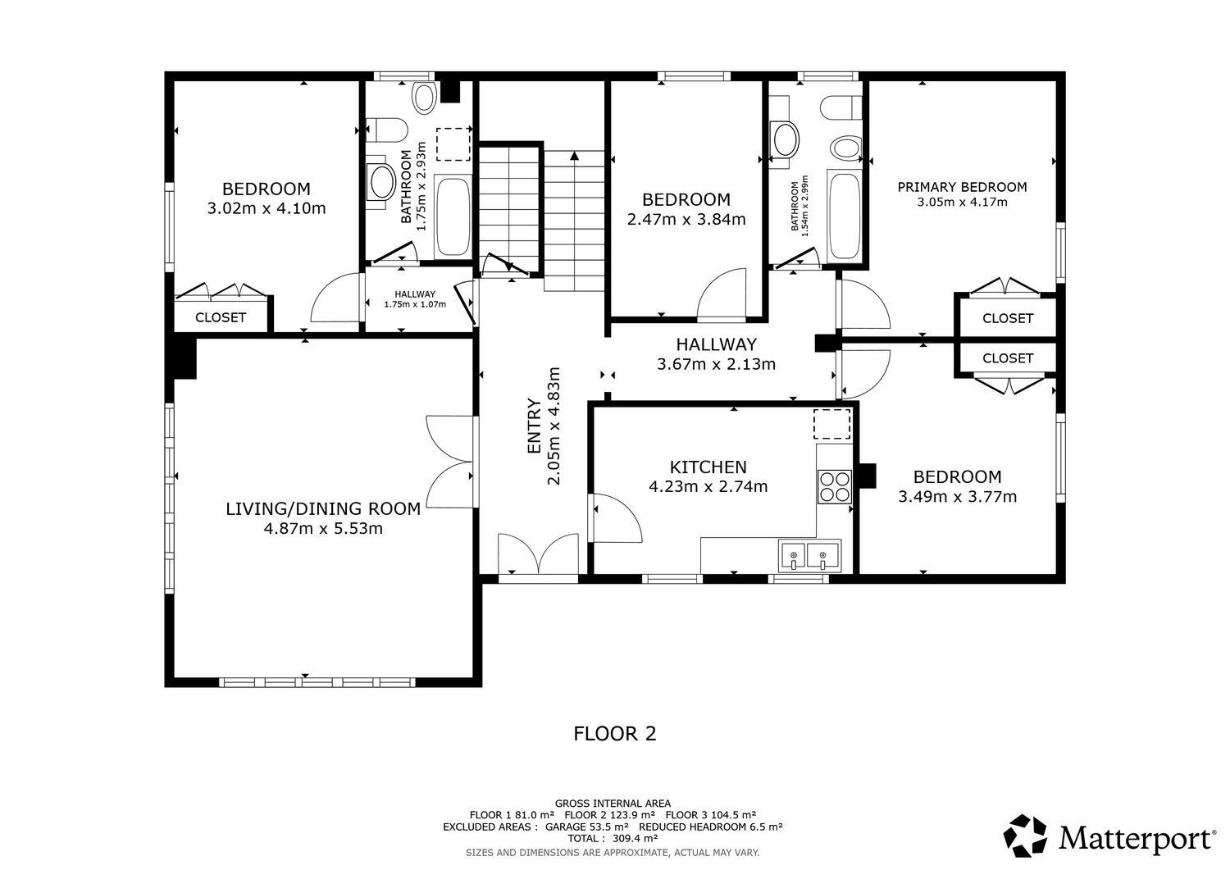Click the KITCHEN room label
(708, 467)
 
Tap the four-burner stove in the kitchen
(834, 487)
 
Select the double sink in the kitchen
(809, 556)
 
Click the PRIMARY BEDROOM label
(962, 187)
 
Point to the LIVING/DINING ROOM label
(323, 509)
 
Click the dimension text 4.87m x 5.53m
(323, 529)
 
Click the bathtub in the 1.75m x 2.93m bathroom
(453, 216)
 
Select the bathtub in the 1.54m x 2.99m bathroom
(845, 216)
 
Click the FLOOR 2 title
(614, 734)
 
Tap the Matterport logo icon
(1025, 836)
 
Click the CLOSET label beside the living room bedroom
(221, 317)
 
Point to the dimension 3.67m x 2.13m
(716, 364)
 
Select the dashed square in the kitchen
(832, 424)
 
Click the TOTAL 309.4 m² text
(613, 839)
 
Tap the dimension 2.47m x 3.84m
(686, 220)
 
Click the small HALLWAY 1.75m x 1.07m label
(415, 299)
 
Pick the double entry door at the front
(538, 554)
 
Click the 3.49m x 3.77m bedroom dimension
(957, 497)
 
